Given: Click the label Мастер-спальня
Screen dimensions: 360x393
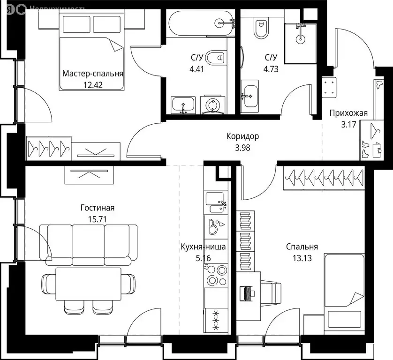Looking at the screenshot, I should click(x=93, y=74).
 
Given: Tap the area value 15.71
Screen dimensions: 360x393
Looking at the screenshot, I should click(x=97, y=219).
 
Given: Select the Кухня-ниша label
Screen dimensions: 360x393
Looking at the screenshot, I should click(x=204, y=247).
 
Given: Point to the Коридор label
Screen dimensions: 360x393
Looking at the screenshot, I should click(x=242, y=136).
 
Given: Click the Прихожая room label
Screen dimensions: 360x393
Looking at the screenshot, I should click(x=348, y=112).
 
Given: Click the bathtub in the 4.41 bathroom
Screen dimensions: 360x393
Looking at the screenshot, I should click(x=199, y=22).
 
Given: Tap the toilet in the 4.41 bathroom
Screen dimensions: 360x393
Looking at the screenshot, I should click(x=216, y=58).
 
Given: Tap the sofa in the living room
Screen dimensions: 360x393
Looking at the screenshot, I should click(x=89, y=240).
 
